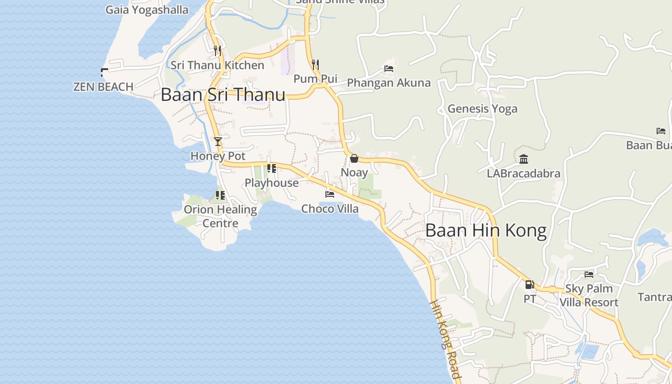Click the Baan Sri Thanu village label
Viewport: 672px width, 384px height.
point(223,94)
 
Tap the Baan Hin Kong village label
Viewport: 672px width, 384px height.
point(486,230)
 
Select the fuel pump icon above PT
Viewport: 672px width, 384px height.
point(529,284)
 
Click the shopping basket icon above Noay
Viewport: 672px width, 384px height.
point(354,158)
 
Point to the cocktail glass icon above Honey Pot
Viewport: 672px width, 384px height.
point(218,141)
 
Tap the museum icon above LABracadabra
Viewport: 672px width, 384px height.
point(524,159)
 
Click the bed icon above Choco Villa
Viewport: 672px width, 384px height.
point(330,194)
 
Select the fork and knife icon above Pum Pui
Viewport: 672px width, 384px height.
point(315,64)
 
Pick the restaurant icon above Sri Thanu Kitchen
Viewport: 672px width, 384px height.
point(217,50)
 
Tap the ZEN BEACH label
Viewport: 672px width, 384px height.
point(103,87)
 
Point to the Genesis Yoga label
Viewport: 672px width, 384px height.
point(482,109)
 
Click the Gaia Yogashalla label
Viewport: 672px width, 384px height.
point(147,10)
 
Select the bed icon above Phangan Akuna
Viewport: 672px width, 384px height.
point(389,69)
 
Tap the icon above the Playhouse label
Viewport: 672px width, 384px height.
point(272,168)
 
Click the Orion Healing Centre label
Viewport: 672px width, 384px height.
point(220,216)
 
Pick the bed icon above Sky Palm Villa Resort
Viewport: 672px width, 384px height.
point(589,274)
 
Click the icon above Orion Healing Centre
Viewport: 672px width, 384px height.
point(220,195)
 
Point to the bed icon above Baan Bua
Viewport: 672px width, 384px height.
point(661,131)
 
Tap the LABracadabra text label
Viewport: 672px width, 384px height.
point(524,173)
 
